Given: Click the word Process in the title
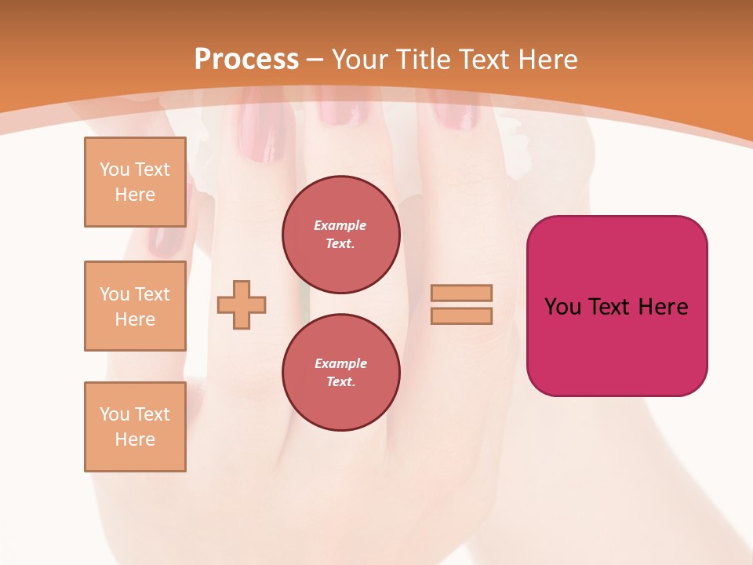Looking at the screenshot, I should click(x=246, y=60).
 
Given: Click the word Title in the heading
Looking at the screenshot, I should click(x=421, y=60).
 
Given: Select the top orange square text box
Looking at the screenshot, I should click(x=135, y=182).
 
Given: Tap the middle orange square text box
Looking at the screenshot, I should click(x=135, y=306).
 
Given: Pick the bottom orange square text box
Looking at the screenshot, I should click(x=135, y=427).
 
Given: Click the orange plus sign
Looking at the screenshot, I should click(x=242, y=304).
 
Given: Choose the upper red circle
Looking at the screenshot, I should click(x=341, y=234).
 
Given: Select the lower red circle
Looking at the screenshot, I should click(x=341, y=372).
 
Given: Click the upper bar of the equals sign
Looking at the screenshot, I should click(x=461, y=293).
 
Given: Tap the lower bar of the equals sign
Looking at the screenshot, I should click(x=461, y=315).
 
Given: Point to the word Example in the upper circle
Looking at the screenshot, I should click(x=340, y=225).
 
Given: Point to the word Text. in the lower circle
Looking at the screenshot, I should click(x=340, y=381).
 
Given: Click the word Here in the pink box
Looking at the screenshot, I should click(x=663, y=307).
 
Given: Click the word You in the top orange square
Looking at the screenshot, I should click(x=115, y=169).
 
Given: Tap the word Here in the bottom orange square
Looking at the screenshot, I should click(x=135, y=439).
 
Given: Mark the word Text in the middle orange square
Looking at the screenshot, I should click(x=152, y=294).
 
